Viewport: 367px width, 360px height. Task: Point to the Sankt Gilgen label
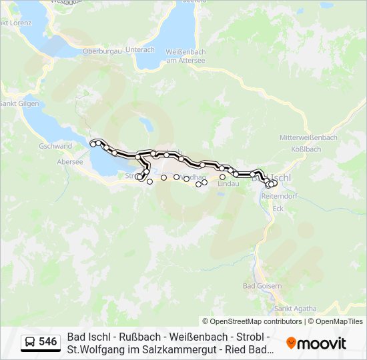pos(19,103)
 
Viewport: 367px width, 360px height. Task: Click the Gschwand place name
pos(55,146)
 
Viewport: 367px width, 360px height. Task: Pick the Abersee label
pos(70,161)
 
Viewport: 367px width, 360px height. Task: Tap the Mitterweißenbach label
pos(308,137)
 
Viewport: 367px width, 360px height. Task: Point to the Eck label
pos(278,208)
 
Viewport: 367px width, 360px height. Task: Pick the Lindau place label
pos(228,183)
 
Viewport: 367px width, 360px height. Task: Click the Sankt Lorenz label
pos(16,23)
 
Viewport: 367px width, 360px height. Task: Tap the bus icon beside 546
pos(30,342)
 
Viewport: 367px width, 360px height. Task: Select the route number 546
pos(48,342)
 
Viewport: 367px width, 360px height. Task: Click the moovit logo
pos(316,343)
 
